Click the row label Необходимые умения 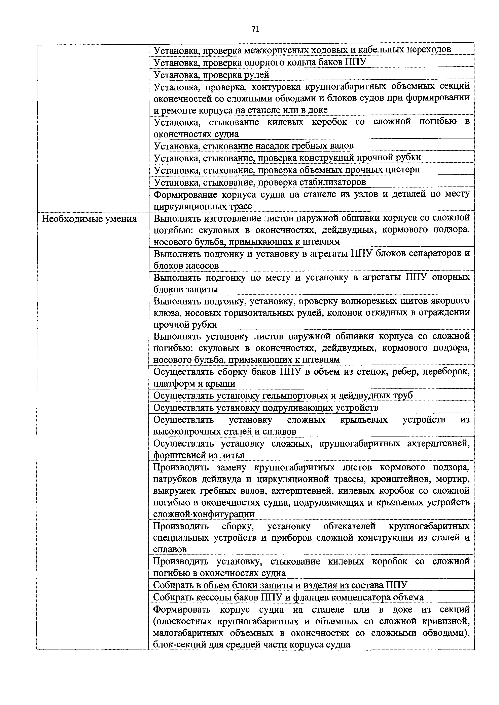(89, 219)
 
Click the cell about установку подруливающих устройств (266, 408)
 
